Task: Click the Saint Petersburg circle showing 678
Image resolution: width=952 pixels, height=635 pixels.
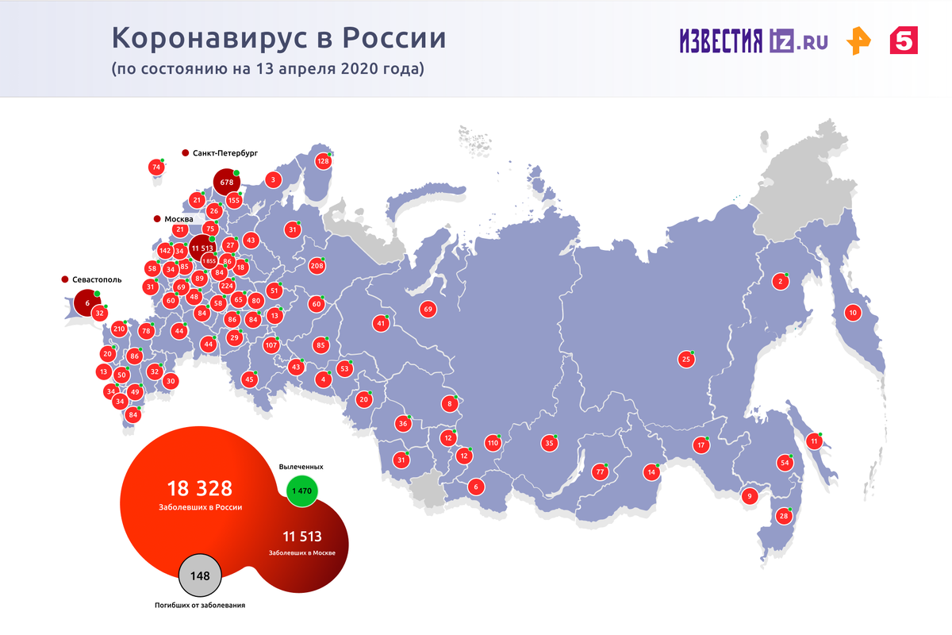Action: coord(226,182)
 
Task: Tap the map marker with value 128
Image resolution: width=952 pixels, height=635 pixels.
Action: coord(323,161)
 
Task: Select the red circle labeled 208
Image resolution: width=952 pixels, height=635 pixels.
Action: coord(317,266)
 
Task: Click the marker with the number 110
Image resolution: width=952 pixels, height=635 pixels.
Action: coord(493,443)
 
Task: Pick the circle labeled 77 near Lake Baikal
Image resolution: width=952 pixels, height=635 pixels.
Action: coord(601,472)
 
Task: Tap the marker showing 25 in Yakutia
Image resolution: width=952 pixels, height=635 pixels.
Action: coord(686,360)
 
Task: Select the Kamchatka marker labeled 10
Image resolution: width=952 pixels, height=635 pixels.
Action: coord(853,313)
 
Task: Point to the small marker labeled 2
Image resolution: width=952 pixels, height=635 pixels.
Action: coord(780,281)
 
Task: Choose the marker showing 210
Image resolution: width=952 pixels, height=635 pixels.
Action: coord(119,329)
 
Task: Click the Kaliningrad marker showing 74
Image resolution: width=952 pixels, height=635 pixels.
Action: coord(156,167)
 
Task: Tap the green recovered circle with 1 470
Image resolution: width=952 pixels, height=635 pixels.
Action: coord(301,491)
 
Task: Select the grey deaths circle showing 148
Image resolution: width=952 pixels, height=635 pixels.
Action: coord(200,576)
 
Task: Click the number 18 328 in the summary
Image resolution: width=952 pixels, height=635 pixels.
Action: coord(199,488)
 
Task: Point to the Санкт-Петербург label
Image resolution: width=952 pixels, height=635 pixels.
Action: coord(225,152)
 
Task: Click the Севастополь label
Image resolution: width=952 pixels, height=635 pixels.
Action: coord(93,280)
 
